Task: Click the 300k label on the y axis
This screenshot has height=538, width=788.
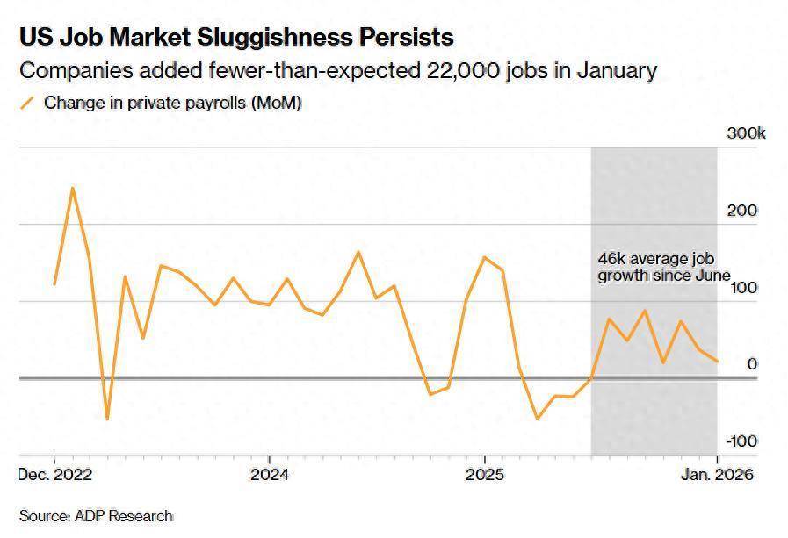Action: tap(746, 134)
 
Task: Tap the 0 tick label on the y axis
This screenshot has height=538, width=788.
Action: tap(752, 364)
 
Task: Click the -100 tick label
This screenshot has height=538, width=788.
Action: tap(742, 441)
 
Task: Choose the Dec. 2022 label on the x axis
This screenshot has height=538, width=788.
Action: tap(54, 475)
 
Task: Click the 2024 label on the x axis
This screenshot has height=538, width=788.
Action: tap(269, 475)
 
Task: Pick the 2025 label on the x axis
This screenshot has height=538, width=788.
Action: tap(484, 475)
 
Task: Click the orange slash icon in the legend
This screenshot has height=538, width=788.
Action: tap(27, 103)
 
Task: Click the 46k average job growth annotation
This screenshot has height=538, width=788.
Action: tap(663, 268)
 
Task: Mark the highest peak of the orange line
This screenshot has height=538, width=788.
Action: tap(72, 188)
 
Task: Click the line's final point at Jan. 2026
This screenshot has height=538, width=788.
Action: tap(717, 362)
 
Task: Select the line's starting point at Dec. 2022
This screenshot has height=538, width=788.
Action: tap(54, 284)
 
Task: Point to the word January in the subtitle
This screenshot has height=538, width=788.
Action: tap(615, 71)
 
